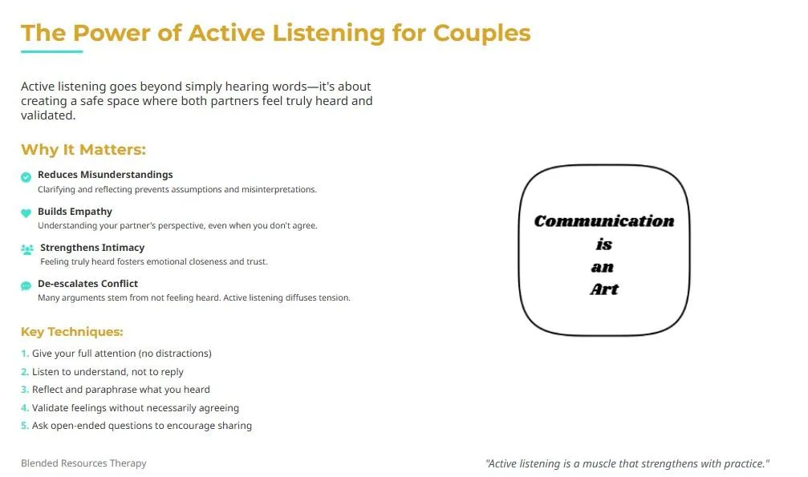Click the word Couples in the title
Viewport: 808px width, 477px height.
click(x=481, y=34)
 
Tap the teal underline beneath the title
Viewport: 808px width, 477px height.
click(x=51, y=51)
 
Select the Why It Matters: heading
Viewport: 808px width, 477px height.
click(x=83, y=149)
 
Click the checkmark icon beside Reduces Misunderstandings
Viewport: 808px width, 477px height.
click(x=26, y=177)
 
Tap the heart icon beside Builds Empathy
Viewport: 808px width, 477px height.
click(x=26, y=213)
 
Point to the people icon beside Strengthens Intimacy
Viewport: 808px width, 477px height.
click(x=27, y=249)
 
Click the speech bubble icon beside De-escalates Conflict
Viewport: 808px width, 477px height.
click(x=26, y=286)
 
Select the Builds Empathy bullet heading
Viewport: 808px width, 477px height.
click(x=75, y=212)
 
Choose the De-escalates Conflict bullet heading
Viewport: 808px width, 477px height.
click(x=87, y=284)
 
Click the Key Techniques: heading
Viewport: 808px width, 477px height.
click(x=72, y=332)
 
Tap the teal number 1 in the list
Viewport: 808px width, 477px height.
click(x=24, y=354)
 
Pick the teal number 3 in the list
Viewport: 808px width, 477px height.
click(x=24, y=390)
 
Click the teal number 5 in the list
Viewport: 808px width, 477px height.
click(x=24, y=426)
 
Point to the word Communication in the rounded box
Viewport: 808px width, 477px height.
click(x=604, y=221)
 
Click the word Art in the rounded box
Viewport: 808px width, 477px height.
click(x=604, y=289)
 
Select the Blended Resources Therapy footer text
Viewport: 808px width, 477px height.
click(x=83, y=463)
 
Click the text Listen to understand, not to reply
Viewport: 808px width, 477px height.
click(x=108, y=372)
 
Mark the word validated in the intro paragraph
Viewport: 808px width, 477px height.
click(x=48, y=115)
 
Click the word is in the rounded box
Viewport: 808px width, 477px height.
click(x=604, y=245)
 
